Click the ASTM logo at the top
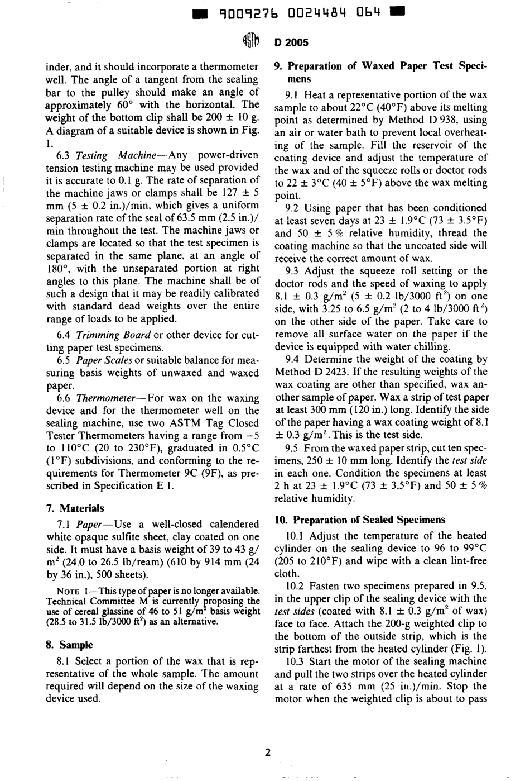[250, 42]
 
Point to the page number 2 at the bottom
[268, 753]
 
